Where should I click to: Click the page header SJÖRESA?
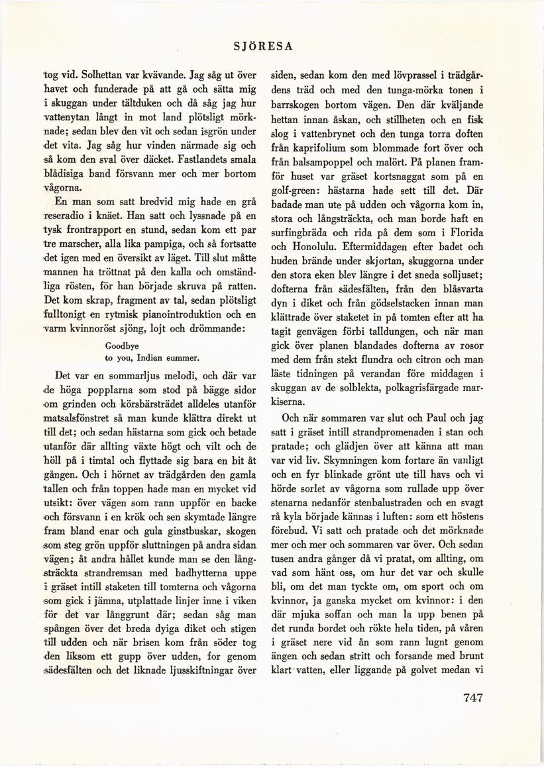tap(264, 46)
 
